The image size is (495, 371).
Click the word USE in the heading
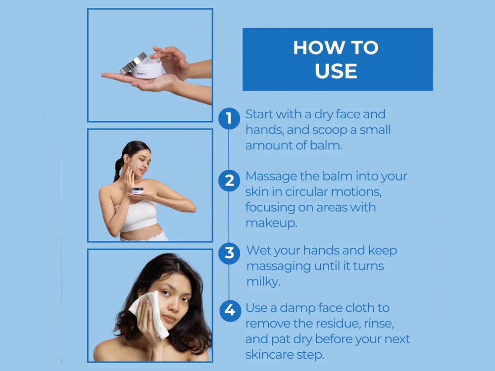336,71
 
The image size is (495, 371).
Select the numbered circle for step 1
229,118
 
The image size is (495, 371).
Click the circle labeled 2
229,181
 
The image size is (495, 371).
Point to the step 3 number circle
229,253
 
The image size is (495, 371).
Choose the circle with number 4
230,311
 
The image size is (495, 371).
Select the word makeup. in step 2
271,224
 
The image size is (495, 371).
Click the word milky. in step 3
263,281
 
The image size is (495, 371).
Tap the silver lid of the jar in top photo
133,63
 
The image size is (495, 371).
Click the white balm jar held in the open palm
147,69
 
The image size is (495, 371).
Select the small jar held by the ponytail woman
138,191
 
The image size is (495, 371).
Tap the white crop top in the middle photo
138,216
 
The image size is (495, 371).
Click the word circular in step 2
306,192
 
